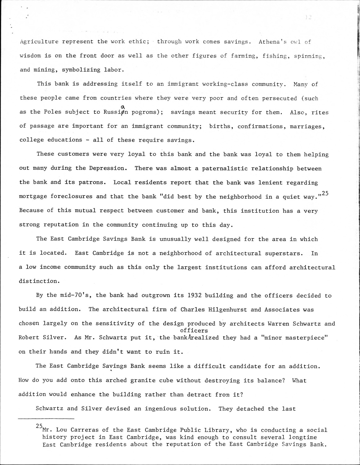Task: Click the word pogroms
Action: (145, 112)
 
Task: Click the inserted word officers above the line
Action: (194, 330)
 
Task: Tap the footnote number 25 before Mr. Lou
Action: (39, 427)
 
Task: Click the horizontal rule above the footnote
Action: (46, 419)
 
